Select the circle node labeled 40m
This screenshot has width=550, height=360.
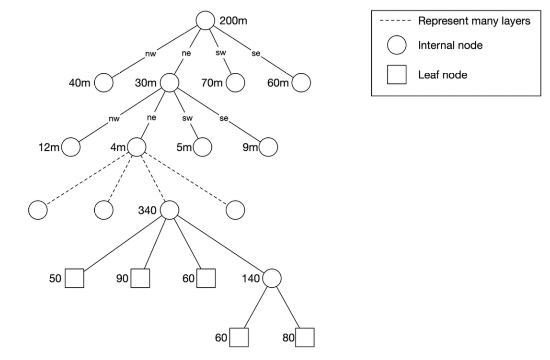click(104, 82)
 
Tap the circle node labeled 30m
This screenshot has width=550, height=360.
click(169, 82)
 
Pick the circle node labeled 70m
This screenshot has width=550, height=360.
click(235, 82)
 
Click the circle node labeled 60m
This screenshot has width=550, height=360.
click(301, 82)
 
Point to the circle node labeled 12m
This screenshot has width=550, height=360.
click(70, 146)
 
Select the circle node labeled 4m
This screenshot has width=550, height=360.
click(136, 146)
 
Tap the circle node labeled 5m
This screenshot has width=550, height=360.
click(202, 146)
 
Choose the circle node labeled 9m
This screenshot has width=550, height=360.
click(268, 146)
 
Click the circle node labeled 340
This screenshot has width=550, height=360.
click(169, 209)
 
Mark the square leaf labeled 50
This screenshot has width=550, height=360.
click(74, 278)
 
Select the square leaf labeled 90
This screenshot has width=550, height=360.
click(140, 278)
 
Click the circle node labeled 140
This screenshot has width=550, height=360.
click(272, 278)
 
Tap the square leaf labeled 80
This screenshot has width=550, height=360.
click(305, 337)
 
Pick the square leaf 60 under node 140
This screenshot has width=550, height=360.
click(239, 337)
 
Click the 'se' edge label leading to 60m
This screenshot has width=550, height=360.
click(255, 53)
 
